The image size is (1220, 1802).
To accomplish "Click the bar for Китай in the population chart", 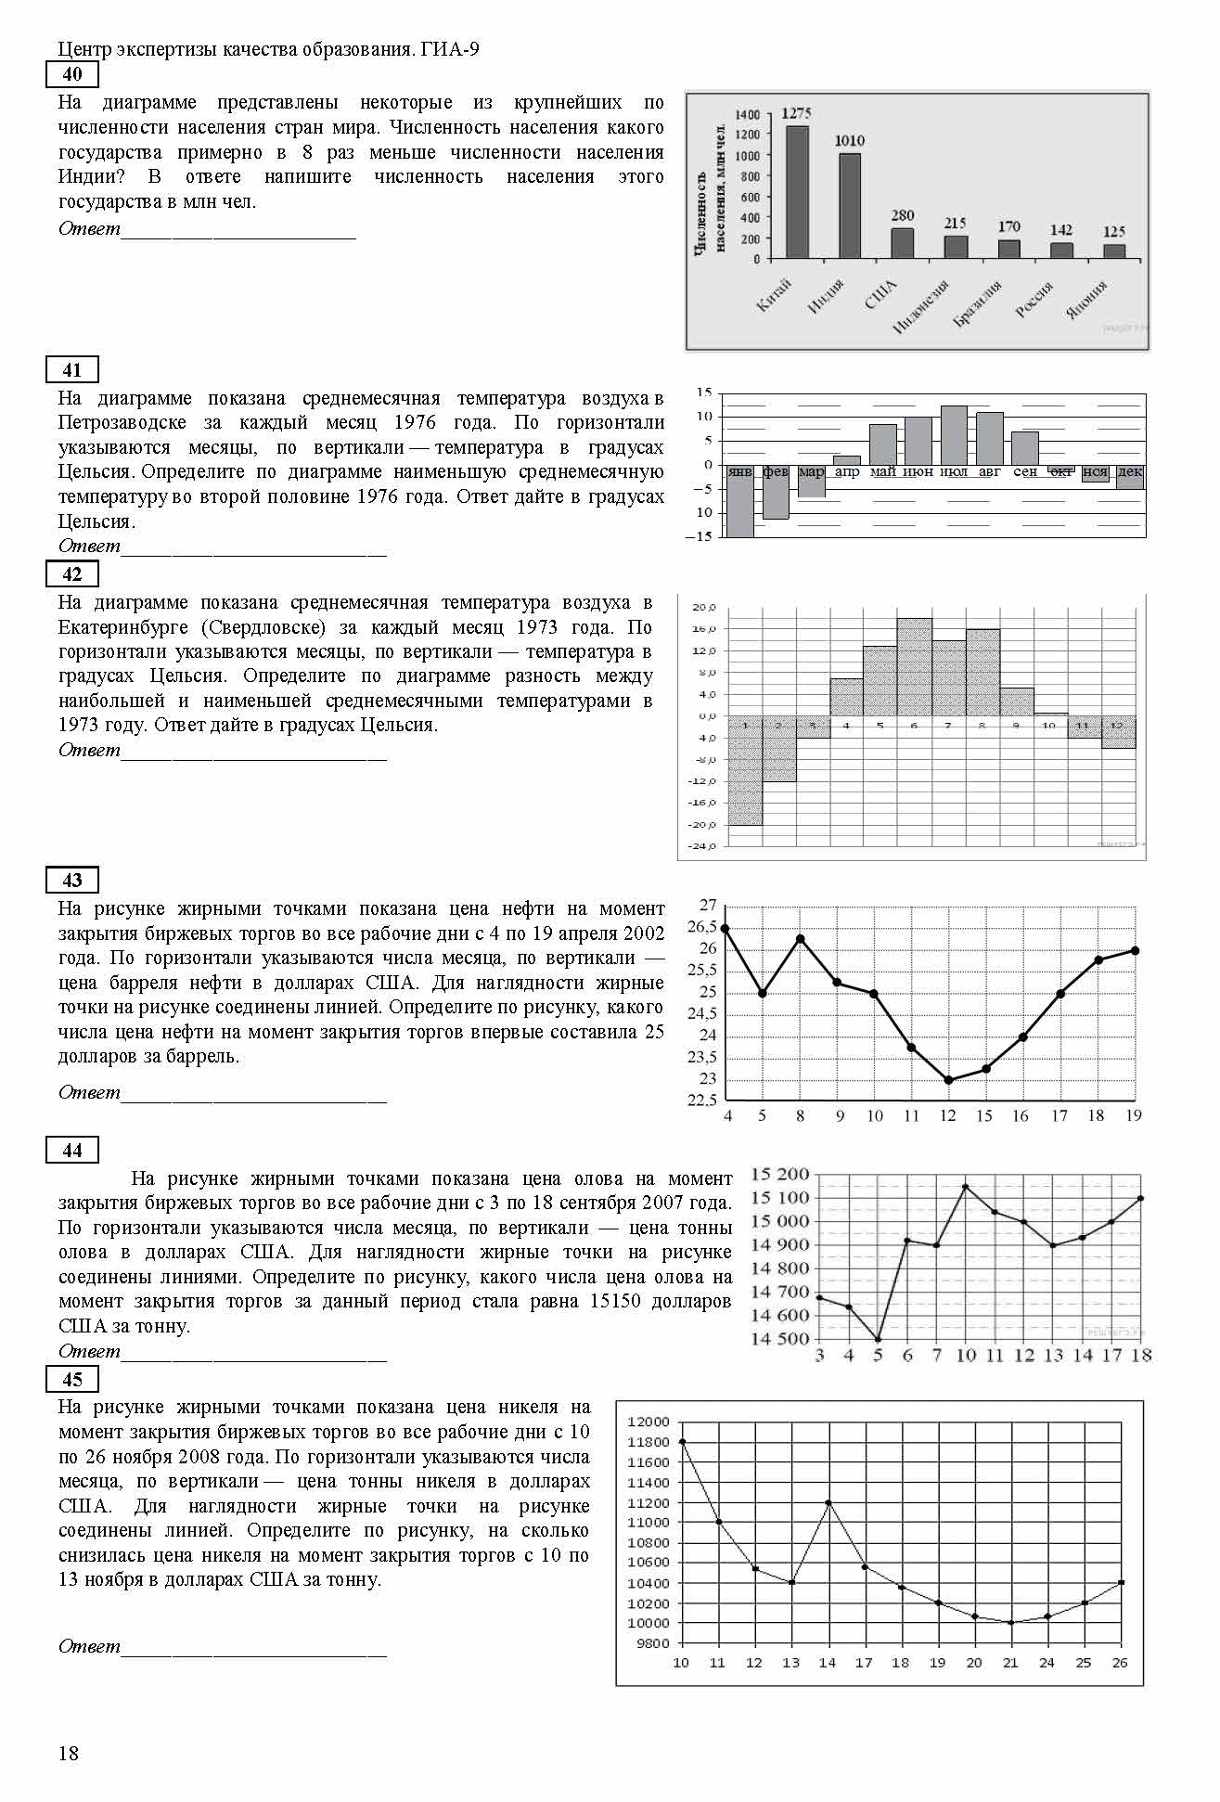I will click(797, 192).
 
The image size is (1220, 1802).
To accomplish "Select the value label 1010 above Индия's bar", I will click(849, 141).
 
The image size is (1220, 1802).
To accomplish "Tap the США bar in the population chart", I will click(903, 243).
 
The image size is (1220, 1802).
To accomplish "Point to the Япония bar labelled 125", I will click(1114, 251).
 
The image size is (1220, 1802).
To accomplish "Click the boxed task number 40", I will click(71, 74).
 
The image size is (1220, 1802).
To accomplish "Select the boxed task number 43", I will click(71, 880).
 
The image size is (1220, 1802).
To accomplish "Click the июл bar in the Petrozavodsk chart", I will click(954, 435).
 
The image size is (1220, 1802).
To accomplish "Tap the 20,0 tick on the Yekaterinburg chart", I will click(703, 608).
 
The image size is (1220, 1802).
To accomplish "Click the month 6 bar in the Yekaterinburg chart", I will click(914, 666).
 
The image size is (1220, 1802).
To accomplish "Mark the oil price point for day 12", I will click(948, 1080).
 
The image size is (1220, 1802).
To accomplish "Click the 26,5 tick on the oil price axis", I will click(702, 927).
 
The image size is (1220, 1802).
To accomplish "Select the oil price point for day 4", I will click(726, 928).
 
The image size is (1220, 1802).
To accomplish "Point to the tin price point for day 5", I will click(878, 1339).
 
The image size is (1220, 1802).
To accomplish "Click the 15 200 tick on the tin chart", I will click(779, 1175).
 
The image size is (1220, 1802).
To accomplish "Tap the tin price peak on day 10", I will click(966, 1187).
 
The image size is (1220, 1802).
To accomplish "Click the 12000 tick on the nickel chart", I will click(648, 1422).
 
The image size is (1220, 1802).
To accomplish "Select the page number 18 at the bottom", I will click(69, 1753).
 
